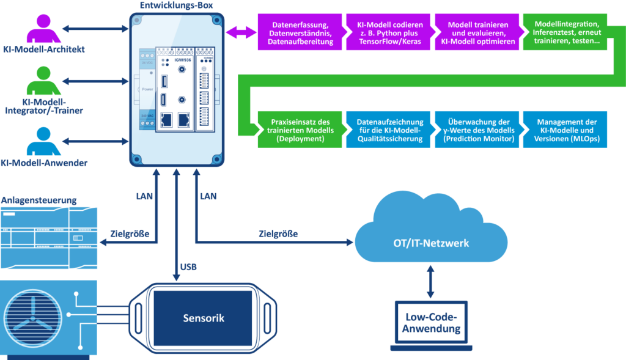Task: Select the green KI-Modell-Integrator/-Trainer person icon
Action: click(43, 81)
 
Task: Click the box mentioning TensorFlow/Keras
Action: click(388, 33)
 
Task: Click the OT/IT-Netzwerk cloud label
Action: click(432, 243)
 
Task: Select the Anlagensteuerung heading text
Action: click(39, 200)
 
